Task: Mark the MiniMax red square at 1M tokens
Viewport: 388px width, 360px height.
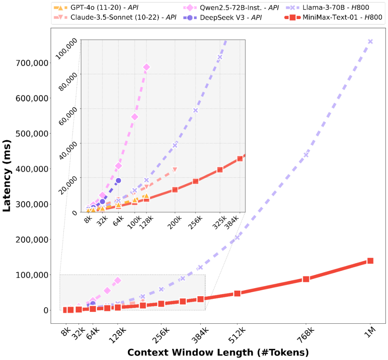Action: [x=370, y=261]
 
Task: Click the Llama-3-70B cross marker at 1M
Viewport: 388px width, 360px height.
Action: [x=370, y=42]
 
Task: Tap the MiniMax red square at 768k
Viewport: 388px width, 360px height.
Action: [x=306, y=279]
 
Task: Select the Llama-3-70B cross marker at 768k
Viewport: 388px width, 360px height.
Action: [x=306, y=155]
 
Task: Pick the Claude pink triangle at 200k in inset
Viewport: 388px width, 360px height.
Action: [x=175, y=169]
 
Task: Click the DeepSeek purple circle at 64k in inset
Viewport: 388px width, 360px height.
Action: [x=118, y=181]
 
